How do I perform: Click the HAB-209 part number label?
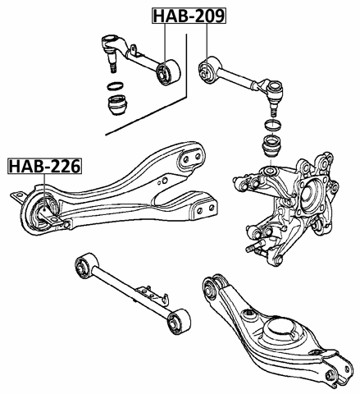[x=189, y=16]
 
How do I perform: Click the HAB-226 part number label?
[x=45, y=166]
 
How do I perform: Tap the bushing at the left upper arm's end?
[x=167, y=72]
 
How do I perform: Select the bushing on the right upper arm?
[x=207, y=70]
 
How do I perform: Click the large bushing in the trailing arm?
[x=40, y=213]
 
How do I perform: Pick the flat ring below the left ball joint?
[x=116, y=86]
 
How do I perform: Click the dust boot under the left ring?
[x=117, y=105]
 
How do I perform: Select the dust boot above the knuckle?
[x=272, y=147]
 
